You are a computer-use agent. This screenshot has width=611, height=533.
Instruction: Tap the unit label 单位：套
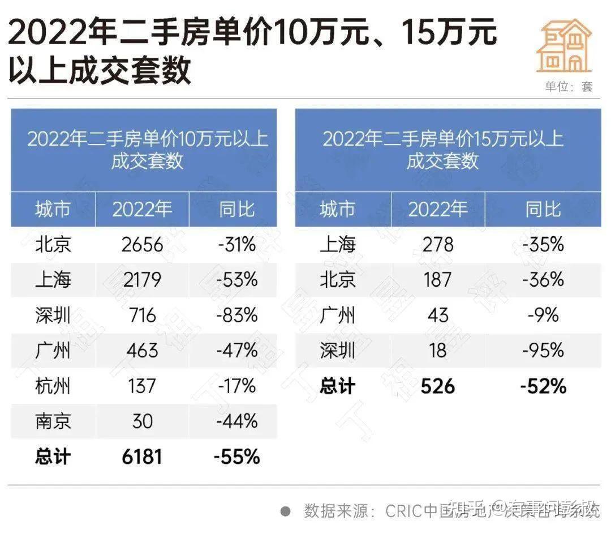click(569, 87)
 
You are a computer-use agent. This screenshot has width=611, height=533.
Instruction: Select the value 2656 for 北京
click(142, 245)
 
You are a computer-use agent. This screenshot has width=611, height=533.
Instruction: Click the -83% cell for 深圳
click(236, 315)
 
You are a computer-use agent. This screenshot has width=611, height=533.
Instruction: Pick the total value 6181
click(142, 457)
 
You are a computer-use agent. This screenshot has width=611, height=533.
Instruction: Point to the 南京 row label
click(53, 421)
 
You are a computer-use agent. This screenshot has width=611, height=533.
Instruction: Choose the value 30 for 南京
click(142, 421)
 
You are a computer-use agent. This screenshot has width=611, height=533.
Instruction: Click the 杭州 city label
click(53, 386)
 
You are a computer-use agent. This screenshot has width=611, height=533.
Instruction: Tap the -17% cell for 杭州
click(236, 386)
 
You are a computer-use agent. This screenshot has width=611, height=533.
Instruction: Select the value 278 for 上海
click(438, 245)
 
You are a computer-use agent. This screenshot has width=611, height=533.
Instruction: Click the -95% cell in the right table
click(543, 351)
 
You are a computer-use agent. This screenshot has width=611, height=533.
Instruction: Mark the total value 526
click(438, 386)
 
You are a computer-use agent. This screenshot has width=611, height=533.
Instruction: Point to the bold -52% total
click(543, 386)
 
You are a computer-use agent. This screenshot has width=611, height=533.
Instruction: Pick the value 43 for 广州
click(438, 315)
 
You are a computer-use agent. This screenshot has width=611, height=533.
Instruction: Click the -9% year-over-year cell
click(543, 315)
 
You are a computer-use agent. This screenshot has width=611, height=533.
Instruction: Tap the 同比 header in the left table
click(236, 210)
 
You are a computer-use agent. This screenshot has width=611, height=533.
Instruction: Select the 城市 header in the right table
click(337, 210)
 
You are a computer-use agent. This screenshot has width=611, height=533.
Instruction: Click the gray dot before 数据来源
click(286, 511)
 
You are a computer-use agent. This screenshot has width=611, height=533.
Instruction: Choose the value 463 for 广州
click(142, 351)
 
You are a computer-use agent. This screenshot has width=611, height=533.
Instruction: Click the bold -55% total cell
click(236, 457)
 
